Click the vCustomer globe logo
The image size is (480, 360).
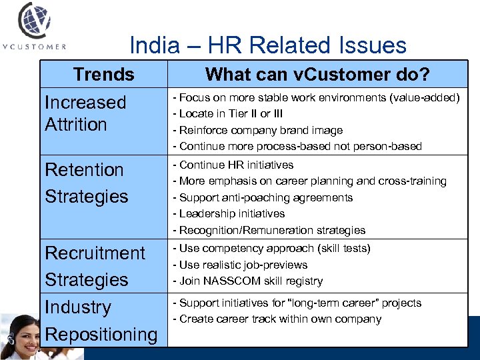pos(35,21)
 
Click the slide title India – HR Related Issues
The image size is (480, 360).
pos(267,45)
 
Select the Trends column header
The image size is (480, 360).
pos(103,74)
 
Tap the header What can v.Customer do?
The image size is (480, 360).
pos(317,74)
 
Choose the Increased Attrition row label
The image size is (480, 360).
pos(85,113)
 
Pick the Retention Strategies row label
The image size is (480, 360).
pos(86,183)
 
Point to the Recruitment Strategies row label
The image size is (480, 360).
pos(94,266)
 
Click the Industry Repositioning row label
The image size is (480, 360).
pos(101,321)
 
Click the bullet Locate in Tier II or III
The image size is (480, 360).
pos(227,114)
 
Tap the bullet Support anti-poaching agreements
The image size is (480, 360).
pos(263,197)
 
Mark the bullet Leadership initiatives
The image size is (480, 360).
pos(229,213)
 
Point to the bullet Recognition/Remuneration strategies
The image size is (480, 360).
pos(269,230)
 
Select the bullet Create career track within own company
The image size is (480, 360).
pos(277,319)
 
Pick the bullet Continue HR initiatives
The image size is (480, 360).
pos(233,165)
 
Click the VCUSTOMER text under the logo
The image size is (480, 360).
pos(35,47)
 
